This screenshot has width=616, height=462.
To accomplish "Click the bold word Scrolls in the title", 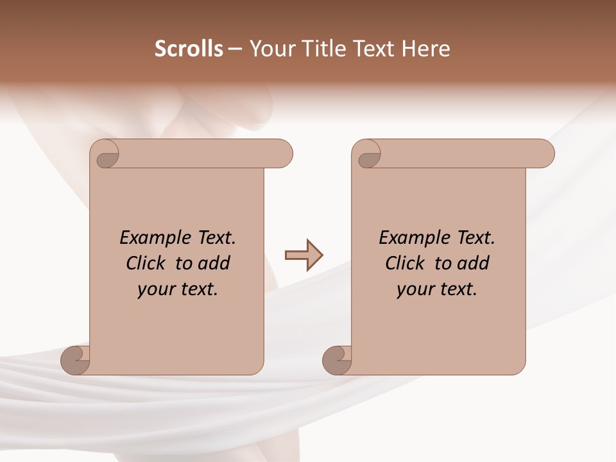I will click(x=189, y=49).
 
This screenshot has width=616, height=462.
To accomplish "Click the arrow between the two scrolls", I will click(x=304, y=255).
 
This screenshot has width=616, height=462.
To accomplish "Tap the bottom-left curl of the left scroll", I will click(x=76, y=359).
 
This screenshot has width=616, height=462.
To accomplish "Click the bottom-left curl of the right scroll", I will click(x=338, y=359).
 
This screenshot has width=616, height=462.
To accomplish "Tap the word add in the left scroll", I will click(x=214, y=263).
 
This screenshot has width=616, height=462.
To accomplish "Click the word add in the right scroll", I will click(x=473, y=263).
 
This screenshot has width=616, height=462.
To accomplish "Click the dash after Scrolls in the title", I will click(x=235, y=49).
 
